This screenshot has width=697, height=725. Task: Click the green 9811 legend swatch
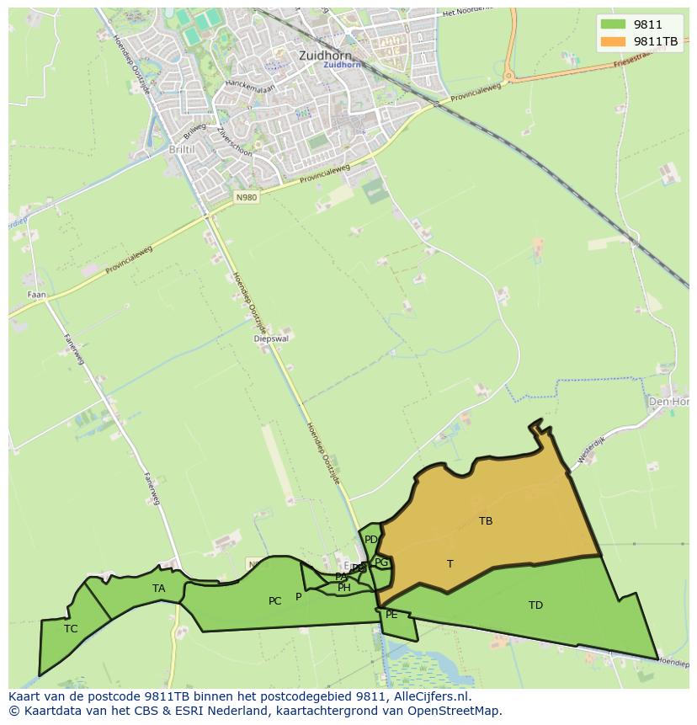[613, 24]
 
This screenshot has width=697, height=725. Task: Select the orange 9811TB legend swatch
[613, 41]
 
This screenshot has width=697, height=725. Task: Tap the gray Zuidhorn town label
[324, 55]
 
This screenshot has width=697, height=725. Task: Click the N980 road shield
[246, 197]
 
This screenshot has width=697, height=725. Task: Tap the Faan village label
[36, 295]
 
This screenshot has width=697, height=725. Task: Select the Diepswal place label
[271, 339]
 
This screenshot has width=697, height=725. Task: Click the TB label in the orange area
[486, 521]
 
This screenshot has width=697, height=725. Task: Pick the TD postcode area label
[535, 605]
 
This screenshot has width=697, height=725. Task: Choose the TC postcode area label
[71, 628]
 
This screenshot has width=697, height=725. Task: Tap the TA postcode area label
[159, 589]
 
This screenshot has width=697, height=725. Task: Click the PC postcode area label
[274, 601]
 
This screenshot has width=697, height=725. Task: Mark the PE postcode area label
[391, 615]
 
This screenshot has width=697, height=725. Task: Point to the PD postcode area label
[371, 540]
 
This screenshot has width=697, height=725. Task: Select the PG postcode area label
[381, 562]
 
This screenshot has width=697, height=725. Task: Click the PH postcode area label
[344, 588]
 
